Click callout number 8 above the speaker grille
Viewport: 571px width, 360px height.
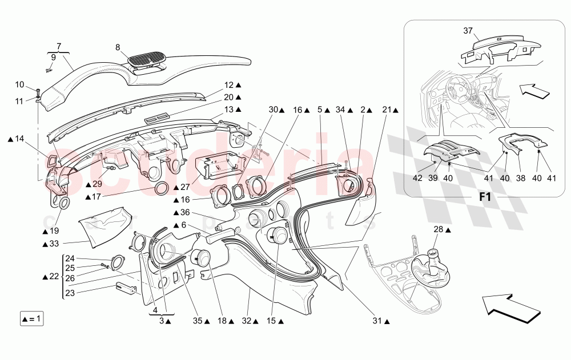tap(118, 48)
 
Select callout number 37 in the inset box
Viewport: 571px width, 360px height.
tap(468, 30)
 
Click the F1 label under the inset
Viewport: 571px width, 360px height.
tap(485, 197)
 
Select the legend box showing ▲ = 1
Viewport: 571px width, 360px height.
tap(31, 318)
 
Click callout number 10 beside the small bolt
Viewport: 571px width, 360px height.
tap(19, 85)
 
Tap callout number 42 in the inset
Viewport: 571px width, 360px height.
tap(419, 178)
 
